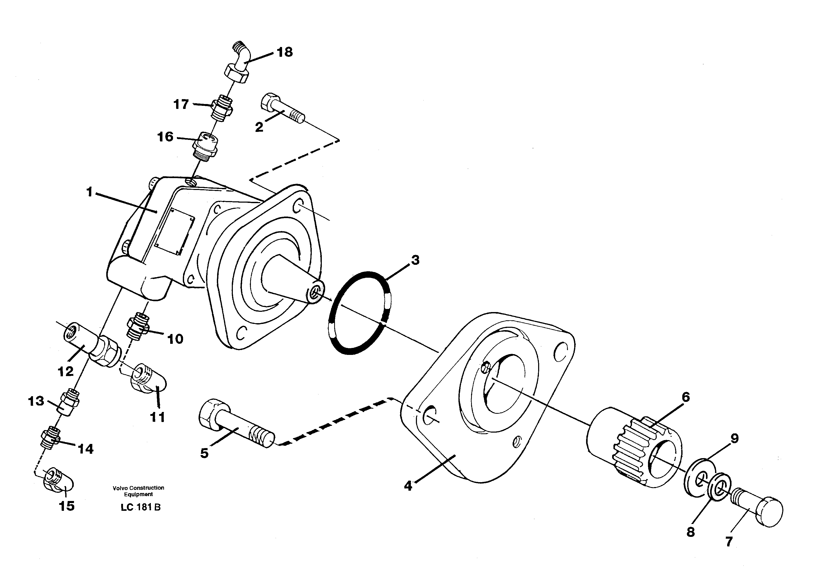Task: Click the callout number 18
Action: [284, 52]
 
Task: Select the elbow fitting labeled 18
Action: [239, 64]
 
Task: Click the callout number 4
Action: [408, 486]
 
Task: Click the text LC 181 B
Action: [141, 507]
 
